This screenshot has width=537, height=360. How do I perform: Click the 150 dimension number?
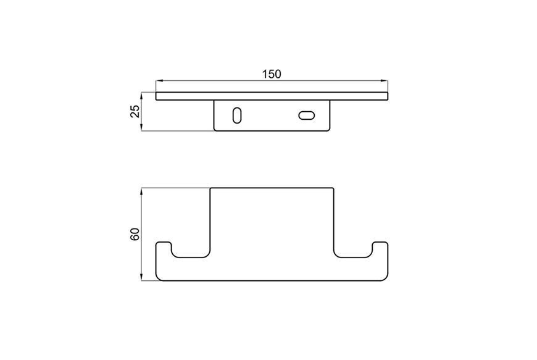coord(272,74)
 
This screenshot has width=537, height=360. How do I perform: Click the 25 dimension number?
coord(136,111)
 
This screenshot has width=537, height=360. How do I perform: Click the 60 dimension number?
coord(135,234)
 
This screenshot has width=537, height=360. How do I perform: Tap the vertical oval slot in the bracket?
coord(236,115)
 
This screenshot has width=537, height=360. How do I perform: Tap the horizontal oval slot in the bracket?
coord(307,115)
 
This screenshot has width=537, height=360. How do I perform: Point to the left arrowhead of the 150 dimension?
coord(159,81)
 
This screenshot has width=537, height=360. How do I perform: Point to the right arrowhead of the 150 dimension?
coord(385,81)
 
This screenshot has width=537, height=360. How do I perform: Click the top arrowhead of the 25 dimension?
coord(142,95)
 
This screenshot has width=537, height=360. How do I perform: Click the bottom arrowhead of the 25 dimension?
coord(142,128)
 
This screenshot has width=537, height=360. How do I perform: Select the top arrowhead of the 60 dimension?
coord(142,191)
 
